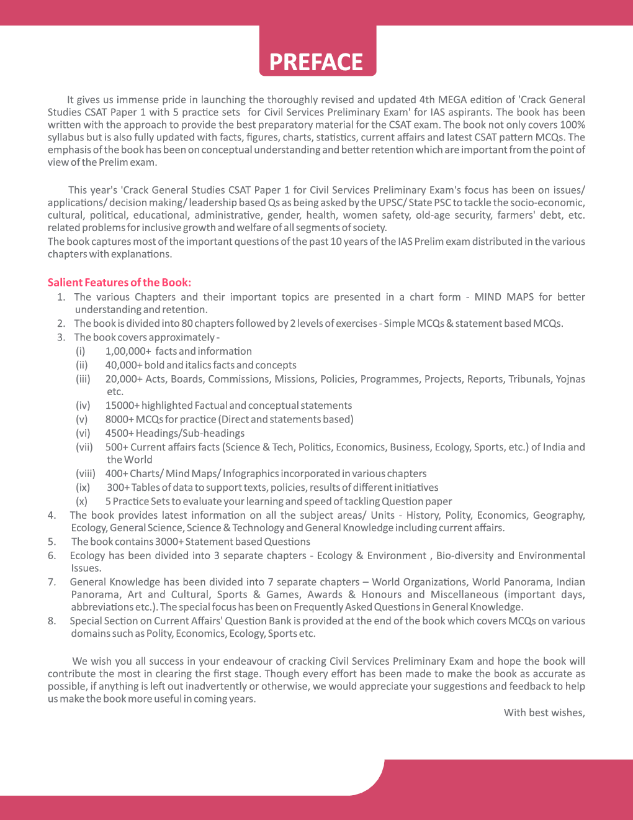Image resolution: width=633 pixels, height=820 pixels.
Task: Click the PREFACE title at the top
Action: (316, 62)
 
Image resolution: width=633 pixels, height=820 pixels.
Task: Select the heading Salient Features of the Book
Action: (119, 282)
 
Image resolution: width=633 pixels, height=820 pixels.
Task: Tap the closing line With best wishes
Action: (544, 713)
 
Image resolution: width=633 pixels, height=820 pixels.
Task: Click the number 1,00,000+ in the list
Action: (128, 351)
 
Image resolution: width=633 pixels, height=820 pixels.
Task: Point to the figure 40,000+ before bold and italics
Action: (123, 365)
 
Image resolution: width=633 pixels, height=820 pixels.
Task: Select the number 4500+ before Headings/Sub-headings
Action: (119, 433)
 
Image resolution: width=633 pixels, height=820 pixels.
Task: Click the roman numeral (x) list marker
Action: (82, 501)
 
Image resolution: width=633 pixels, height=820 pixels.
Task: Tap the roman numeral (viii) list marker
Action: (86, 473)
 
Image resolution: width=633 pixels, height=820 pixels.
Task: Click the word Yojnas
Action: (570, 379)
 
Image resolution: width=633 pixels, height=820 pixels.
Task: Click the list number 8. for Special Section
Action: (52, 621)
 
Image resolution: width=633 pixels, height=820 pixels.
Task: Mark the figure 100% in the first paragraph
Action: (572, 125)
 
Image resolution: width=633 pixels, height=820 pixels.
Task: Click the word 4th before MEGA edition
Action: (427, 99)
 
